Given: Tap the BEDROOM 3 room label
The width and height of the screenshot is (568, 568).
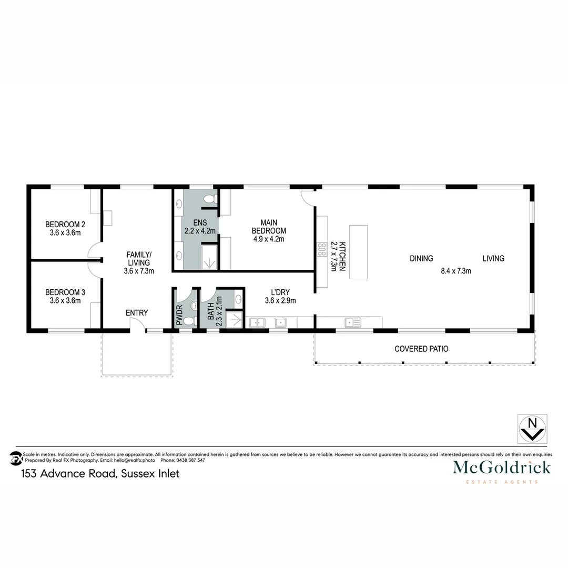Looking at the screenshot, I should click(x=65, y=292).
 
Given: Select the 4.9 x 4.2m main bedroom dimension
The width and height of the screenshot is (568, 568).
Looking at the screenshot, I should click(x=269, y=239).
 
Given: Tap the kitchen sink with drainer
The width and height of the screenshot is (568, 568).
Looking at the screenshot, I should click(x=352, y=322).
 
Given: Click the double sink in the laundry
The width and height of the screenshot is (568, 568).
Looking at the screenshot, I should click(x=258, y=322).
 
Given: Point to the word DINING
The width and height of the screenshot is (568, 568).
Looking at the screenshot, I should click(x=421, y=258).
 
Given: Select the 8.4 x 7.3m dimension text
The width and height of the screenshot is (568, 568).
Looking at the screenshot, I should click(x=455, y=271).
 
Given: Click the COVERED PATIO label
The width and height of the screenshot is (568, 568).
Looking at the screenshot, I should click(x=421, y=349).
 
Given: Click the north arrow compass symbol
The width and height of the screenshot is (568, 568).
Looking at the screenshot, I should click(x=532, y=428).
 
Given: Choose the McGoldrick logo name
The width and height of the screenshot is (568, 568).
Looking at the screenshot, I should click(x=502, y=467).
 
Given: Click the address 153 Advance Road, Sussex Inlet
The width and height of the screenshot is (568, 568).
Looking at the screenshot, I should click(x=100, y=473).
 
